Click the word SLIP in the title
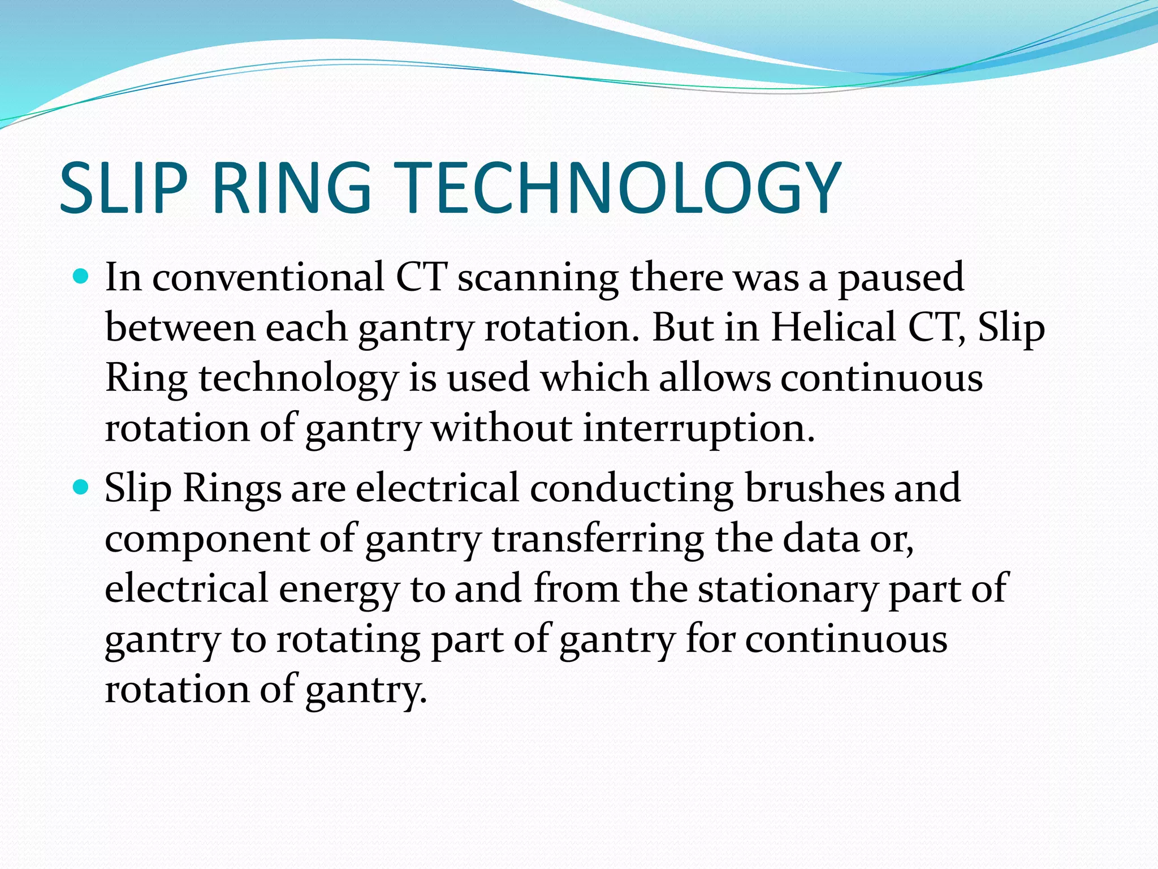123,188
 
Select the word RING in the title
292,188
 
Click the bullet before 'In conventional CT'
82,277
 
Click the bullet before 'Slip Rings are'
82,487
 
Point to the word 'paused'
900,278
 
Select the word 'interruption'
699,428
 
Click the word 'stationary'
787,589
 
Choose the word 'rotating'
348,640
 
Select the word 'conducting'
632,488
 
